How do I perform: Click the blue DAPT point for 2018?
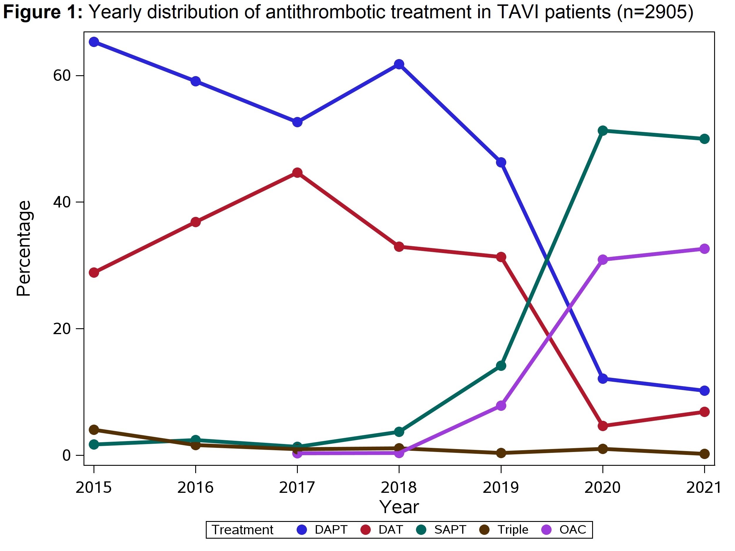[x=399, y=64]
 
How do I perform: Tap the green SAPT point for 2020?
[x=602, y=130]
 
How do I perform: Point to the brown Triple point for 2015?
[x=94, y=430]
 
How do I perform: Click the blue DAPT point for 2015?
[x=94, y=42]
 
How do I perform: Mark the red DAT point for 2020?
[x=602, y=426]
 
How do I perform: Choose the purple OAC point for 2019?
[x=501, y=406]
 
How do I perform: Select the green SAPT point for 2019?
[x=501, y=366]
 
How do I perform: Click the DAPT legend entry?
[x=322, y=530]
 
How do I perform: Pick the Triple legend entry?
[x=504, y=530]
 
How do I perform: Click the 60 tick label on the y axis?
[x=62, y=76]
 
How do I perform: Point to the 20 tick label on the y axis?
[x=62, y=329]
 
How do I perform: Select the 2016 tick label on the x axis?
[x=196, y=488]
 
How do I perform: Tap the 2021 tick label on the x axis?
[x=704, y=488]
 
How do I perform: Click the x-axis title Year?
[x=399, y=507]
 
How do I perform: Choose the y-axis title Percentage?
[x=24, y=248]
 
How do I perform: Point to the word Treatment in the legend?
[x=243, y=530]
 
